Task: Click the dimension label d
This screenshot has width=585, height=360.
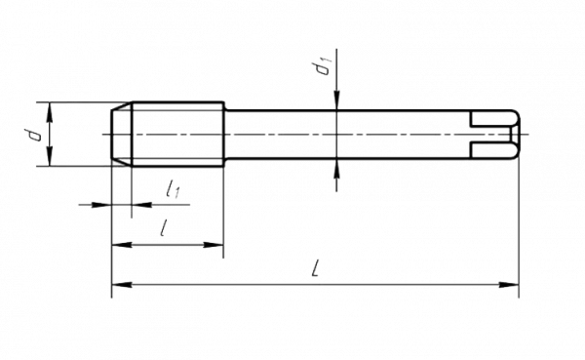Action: pos(32,135)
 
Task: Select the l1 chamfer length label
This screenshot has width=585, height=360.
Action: pos(174,188)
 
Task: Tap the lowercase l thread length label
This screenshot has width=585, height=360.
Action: pos(163,227)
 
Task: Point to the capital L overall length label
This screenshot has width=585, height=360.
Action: pos(316,268)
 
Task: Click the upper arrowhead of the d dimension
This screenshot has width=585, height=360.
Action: pos(50,111)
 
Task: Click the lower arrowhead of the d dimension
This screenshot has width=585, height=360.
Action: pos(50,156)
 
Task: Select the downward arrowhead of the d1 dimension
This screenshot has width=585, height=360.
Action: pos(336,100)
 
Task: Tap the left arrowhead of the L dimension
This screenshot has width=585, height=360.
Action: pos(122,285)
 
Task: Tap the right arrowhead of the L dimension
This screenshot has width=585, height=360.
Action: pos(509,285)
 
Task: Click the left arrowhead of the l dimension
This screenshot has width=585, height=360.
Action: pos(122,245)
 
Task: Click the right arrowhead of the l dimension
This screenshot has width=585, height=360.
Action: pos(214,245)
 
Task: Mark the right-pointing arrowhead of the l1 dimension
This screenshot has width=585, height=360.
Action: pos(102,205)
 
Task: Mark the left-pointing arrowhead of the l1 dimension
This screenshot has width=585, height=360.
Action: pos(141,205)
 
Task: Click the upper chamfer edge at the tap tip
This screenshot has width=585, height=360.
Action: pos(122,106)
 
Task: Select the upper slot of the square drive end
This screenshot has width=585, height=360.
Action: pos(491,119)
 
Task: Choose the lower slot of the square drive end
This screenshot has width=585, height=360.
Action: pos(491,150)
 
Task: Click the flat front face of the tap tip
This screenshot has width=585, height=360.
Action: pos(112,135)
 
